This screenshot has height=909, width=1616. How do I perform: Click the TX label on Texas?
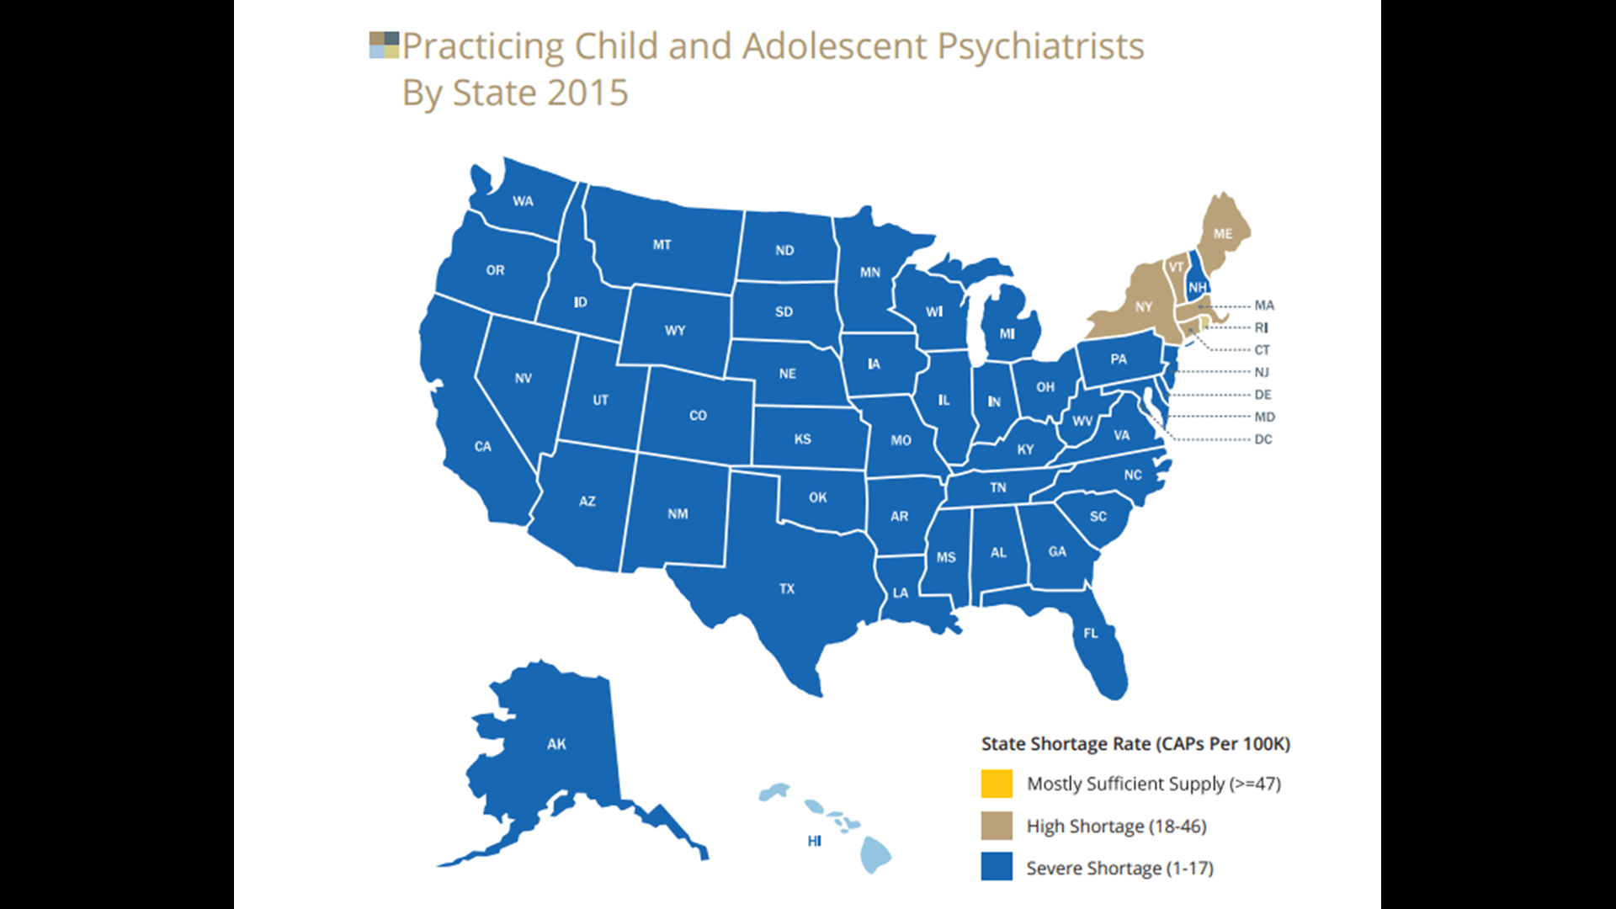click(786, 589)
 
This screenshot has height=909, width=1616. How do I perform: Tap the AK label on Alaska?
click(556, 744)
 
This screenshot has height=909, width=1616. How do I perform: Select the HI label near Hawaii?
click(814, 841)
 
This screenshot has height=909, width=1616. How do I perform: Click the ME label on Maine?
click(1223, 234)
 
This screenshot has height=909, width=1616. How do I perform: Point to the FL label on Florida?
click(1091, 634)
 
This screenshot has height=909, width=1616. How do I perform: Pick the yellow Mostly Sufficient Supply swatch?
click(997, 784)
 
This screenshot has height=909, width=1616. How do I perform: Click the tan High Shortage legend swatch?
click(997, 826)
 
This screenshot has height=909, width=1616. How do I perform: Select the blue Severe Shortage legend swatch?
click(997, 867)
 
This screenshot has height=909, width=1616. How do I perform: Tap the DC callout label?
click(1262, 439)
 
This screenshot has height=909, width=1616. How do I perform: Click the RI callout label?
click(1261, 328)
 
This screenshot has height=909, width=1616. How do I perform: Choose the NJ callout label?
click(1262, 372)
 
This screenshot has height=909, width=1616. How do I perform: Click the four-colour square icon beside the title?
click(384, 45)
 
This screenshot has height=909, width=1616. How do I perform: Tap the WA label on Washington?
click(523, 201)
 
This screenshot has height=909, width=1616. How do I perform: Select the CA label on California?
click(482, 447)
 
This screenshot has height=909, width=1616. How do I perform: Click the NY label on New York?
click(1143, 307)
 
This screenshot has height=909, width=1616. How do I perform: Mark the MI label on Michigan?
click(1007, 334)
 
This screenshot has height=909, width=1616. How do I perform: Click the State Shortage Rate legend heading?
click(1135, 744)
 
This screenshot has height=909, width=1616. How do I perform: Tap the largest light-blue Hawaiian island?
click(875, 857)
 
